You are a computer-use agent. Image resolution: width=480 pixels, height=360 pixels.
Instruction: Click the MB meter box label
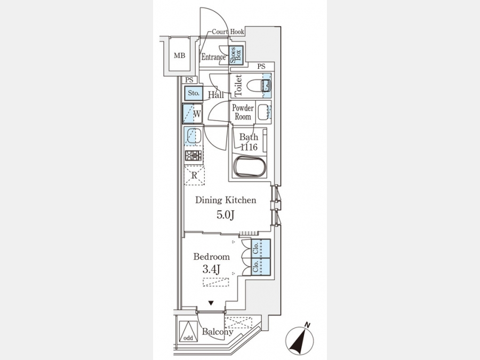click(180, 55)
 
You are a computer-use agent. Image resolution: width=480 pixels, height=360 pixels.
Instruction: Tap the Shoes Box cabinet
click(236, 55)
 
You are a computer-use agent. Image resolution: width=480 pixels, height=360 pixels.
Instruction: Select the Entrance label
click(213, 57)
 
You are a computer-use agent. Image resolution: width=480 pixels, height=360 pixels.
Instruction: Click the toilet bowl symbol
click(258, 85)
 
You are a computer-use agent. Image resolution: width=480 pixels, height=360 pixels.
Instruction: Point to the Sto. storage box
click(194, 93)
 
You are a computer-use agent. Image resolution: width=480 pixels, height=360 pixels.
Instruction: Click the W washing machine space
click(192, 114)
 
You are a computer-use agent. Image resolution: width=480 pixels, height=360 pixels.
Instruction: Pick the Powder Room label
click(243, 113)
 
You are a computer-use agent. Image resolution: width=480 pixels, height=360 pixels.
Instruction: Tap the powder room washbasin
click(263, 112)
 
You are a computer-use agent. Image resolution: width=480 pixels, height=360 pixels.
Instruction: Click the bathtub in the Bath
click(250, 166)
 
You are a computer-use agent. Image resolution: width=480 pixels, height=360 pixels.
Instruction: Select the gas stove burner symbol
click(193, 156)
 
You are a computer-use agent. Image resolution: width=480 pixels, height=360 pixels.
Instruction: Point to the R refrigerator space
click(194, 175)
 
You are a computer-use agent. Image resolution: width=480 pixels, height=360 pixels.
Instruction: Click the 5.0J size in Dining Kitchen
click(226, 215)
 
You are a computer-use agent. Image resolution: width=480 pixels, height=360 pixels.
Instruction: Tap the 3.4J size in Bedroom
click(212, 269)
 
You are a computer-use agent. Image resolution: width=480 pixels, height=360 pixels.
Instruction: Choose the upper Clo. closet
click(260, 248)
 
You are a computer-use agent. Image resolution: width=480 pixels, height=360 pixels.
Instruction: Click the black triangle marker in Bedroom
click(211, 303)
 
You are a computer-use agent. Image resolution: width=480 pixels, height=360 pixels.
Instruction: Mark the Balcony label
click(218, 332)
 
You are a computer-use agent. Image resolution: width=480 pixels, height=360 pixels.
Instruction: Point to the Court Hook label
click(228, 31)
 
